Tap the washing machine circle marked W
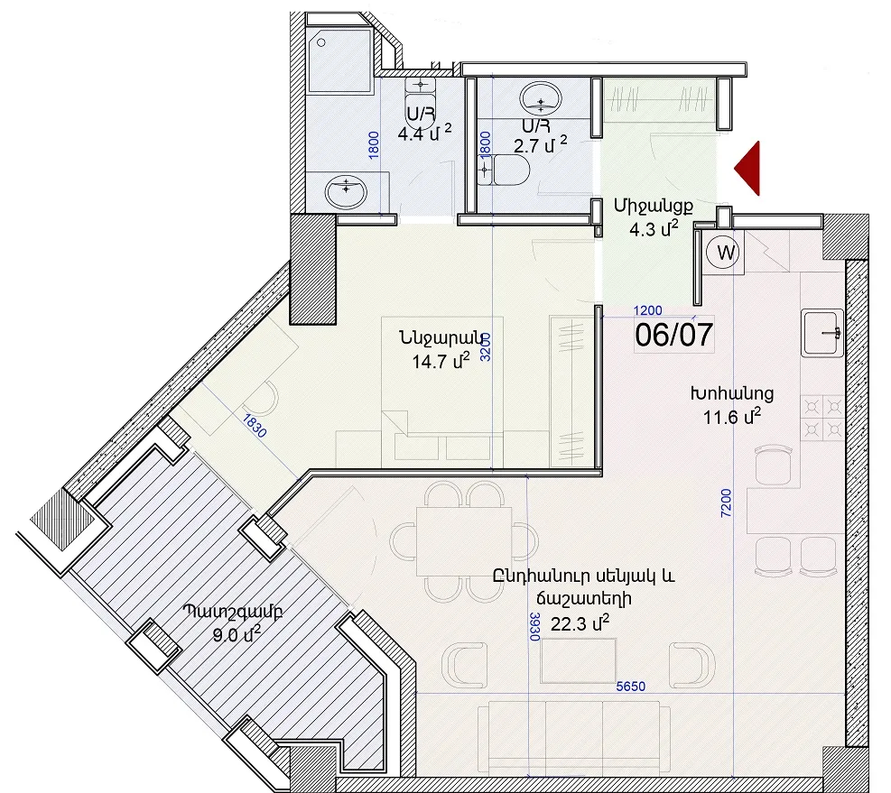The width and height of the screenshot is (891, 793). [723, 253]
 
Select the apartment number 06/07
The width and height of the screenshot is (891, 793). [674, 335]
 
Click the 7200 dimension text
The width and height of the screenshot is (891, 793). [726, 503]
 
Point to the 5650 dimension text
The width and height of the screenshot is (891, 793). [631, 687]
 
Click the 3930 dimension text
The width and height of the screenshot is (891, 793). [534, 627]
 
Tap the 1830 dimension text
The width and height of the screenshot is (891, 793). [255, 426]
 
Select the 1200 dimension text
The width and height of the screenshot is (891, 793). [648, 310]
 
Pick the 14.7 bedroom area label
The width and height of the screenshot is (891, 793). [441, 361]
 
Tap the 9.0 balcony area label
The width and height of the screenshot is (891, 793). [237, 634]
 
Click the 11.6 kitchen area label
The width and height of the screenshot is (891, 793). [732, 417]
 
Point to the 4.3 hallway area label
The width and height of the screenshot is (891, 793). [654, 229]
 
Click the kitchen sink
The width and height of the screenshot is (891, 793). [822, 333]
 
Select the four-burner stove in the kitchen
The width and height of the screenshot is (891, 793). [822, 418]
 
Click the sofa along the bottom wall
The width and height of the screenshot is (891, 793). [574, 737]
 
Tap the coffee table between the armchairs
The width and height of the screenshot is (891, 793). [579, 660]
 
